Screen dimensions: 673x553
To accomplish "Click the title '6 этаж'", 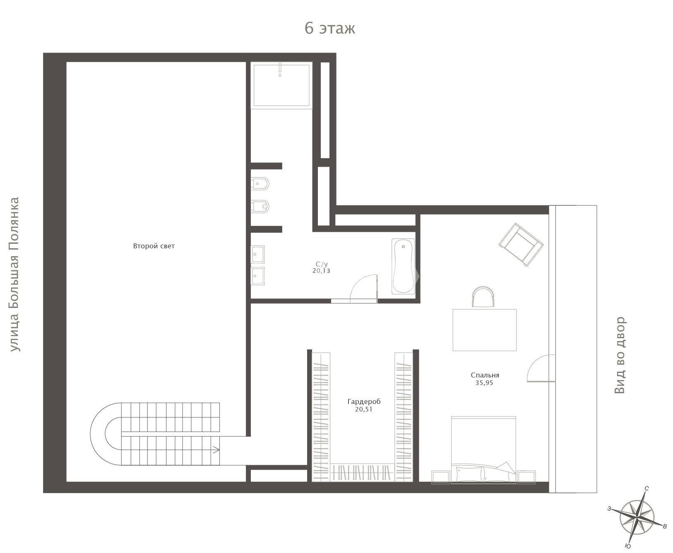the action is click(x=330, y=28).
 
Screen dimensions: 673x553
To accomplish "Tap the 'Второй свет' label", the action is click(x=154, y=246).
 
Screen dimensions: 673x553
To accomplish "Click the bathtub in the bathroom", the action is click(x=403, y=266).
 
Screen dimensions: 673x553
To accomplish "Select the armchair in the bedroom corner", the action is click(x=521, y=244).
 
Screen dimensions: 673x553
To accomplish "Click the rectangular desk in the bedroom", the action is click(x=485, y=330).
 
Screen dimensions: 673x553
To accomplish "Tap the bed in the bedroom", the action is click(x=483, y=450).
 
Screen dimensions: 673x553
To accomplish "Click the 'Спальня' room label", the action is click(x=485, y=375).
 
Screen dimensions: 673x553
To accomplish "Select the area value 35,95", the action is click(x=484, y=383).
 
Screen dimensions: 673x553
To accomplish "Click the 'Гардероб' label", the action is click(x=364, y=402).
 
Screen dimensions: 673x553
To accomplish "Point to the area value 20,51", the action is click(x=364, y=409).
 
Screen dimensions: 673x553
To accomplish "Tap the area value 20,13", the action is click(x=321, y=271).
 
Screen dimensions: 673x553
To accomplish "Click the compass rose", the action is click(x=637, y=517).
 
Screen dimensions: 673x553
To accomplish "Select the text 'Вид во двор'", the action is click(x=620, y=355).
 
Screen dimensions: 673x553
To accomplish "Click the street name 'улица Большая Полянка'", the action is click(x=14, y=274).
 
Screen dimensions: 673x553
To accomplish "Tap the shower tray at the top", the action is click(x=281, y=85).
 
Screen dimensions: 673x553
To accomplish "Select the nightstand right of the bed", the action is click(x=526, y=477).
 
